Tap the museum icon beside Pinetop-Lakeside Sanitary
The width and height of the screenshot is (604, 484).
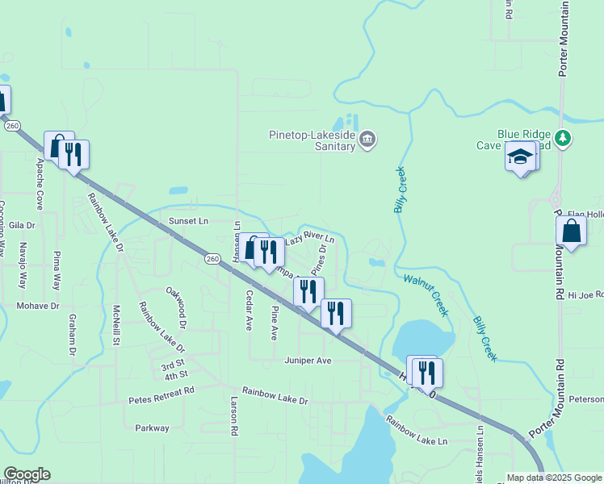coord(367,140)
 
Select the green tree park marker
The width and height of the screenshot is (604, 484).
coord(564,138)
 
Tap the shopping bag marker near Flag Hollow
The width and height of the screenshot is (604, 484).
coord(571,231)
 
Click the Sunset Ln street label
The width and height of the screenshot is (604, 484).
coord(188,220)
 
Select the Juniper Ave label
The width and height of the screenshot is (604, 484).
coord(308,361)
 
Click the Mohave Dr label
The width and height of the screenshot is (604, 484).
coord(38,307)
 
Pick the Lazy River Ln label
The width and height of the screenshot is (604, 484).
coord(309,238)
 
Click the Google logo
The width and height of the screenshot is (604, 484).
coord(26,474)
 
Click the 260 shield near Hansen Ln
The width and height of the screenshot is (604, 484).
coord(212,258)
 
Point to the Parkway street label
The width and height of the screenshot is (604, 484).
coord(152,428)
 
